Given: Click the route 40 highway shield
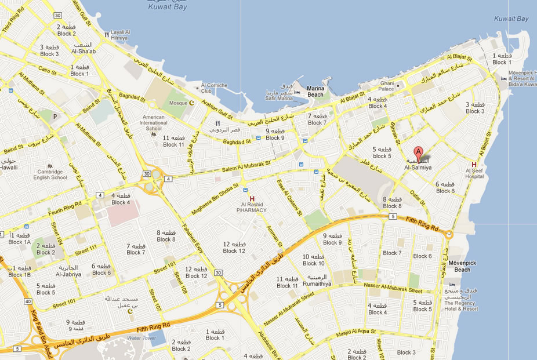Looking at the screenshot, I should (x=28, y=301).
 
